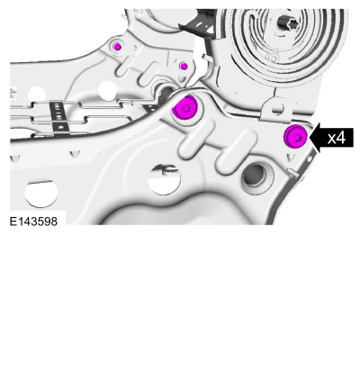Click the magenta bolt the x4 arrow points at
tap(295, 137)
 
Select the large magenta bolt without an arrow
tap(185, 107)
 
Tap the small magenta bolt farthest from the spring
tap(118, 47)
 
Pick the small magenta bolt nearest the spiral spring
tap(184, 67)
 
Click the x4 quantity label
tap(336, 138)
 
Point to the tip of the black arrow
tap(309, 138)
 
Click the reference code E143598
tap(33, 222)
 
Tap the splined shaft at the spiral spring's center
tap(287, 22)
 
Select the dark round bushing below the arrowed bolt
tap(256, 177)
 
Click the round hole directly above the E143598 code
tap(40, 194)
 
